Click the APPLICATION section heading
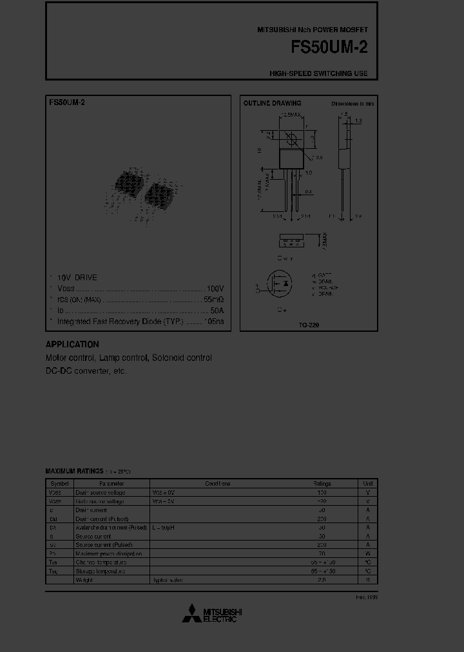pos(72,345)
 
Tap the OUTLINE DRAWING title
pos(272,103)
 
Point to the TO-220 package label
pos(309,325)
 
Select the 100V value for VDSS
pos(215,288)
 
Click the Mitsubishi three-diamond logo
pos(191,614)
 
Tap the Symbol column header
pos(59,483)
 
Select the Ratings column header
pos(322,483)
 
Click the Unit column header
pos(367,483)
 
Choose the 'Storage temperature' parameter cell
pos(101,571)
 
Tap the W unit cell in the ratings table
pos(367,553)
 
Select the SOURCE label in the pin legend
pos(326,287)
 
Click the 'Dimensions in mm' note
pos(353,103)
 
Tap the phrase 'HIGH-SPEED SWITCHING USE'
pos(318,73)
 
